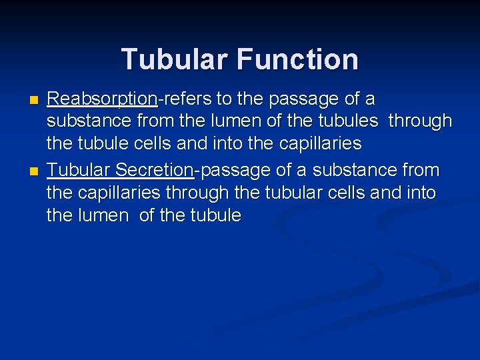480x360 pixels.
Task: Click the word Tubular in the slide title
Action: point(175,59)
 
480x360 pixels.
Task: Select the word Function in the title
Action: point(297,59)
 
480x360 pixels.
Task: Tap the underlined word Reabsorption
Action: point(102,100)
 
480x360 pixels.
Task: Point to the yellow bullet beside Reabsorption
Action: point(35,101)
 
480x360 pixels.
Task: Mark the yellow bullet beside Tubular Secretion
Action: point(35,171)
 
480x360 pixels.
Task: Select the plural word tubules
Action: point(354,121)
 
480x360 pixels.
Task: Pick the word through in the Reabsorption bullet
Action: point(420,122)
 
